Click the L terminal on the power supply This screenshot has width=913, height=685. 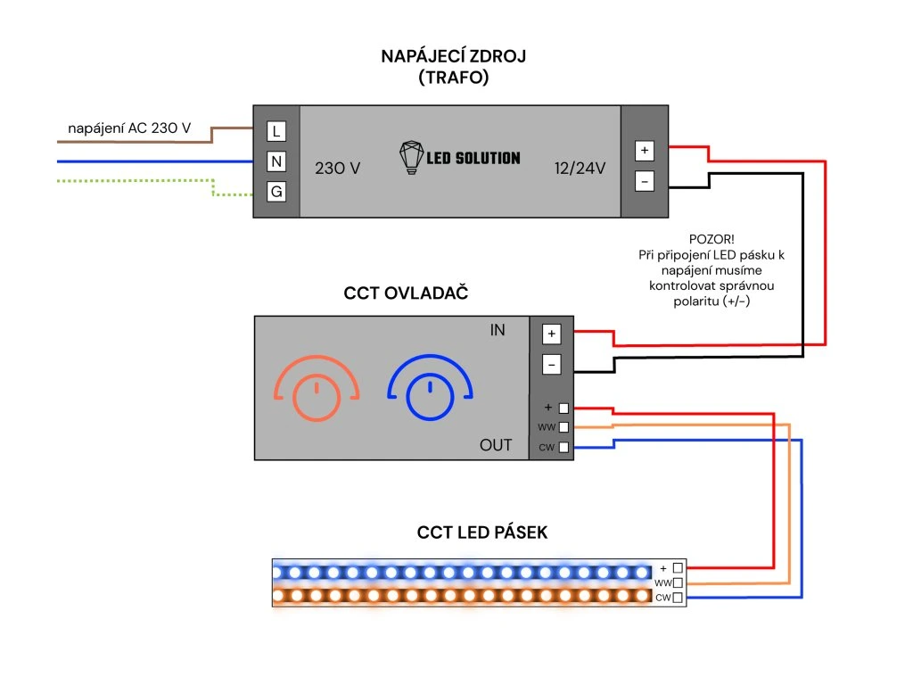tap(276, 131)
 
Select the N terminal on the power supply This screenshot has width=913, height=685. tap(276, 161)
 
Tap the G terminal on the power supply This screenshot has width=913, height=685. tap(276, 191)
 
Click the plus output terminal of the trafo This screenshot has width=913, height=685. tap(645, 151)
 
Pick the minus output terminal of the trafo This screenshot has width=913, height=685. tap(645, 181)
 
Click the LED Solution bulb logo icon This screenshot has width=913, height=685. tap(410, 158)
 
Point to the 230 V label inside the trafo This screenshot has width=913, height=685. tap(338, 168)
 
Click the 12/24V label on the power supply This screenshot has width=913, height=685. tap(580, 168)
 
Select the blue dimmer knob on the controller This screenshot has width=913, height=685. tap(429, 398)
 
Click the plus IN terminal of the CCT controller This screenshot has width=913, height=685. tap(551, 334)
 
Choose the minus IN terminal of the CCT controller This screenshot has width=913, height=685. tap(551, 364)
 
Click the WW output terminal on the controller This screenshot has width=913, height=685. tap(563, 427)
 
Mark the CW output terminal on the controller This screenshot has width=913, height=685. tap(563, 447)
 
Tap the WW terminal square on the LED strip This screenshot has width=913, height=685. tap(679, 582)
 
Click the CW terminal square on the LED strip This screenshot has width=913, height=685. tap(679, 598)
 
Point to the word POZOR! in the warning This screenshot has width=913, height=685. tap(711, 239)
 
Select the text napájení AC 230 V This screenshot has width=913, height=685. tap(129, 128)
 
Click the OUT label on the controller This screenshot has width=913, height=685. tap(496, 444)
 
